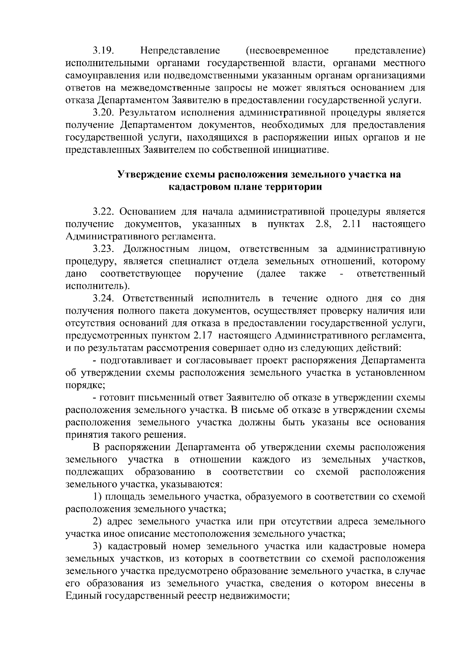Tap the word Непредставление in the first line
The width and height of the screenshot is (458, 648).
pyautogui.click(x=180, y=50)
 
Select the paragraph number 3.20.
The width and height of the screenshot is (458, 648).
pyautogui.click(x=103, y=113)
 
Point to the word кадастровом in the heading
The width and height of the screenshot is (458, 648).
pyautogui.click(x=200, y=187)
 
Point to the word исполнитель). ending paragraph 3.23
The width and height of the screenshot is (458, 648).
pyautogui.click(x=98, y=286)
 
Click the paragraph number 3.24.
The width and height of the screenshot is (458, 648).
pyautogui.click(x=103, y=298)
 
